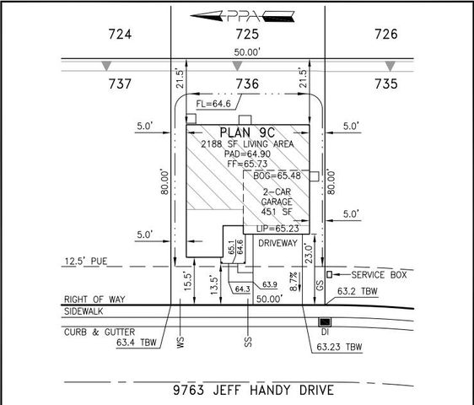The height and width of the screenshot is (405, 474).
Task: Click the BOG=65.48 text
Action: tap(277, 175)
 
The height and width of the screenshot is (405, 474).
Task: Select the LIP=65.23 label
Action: tap(277, 228)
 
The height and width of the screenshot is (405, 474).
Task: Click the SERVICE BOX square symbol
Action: tap(331, 274)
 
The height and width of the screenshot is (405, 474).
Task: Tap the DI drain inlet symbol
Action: tap(324, 322)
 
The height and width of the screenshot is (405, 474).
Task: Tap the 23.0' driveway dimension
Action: tap(319, 252)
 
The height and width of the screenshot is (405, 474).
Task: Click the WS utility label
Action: tap(180, 343)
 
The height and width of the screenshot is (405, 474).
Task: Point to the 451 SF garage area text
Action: tap(275, 212)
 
